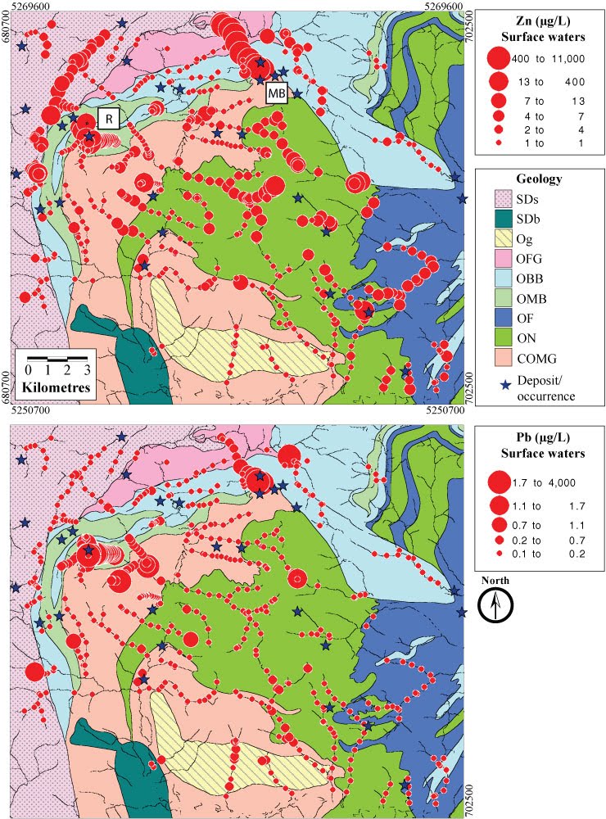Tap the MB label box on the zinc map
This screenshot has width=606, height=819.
click(x=277, y=93)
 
